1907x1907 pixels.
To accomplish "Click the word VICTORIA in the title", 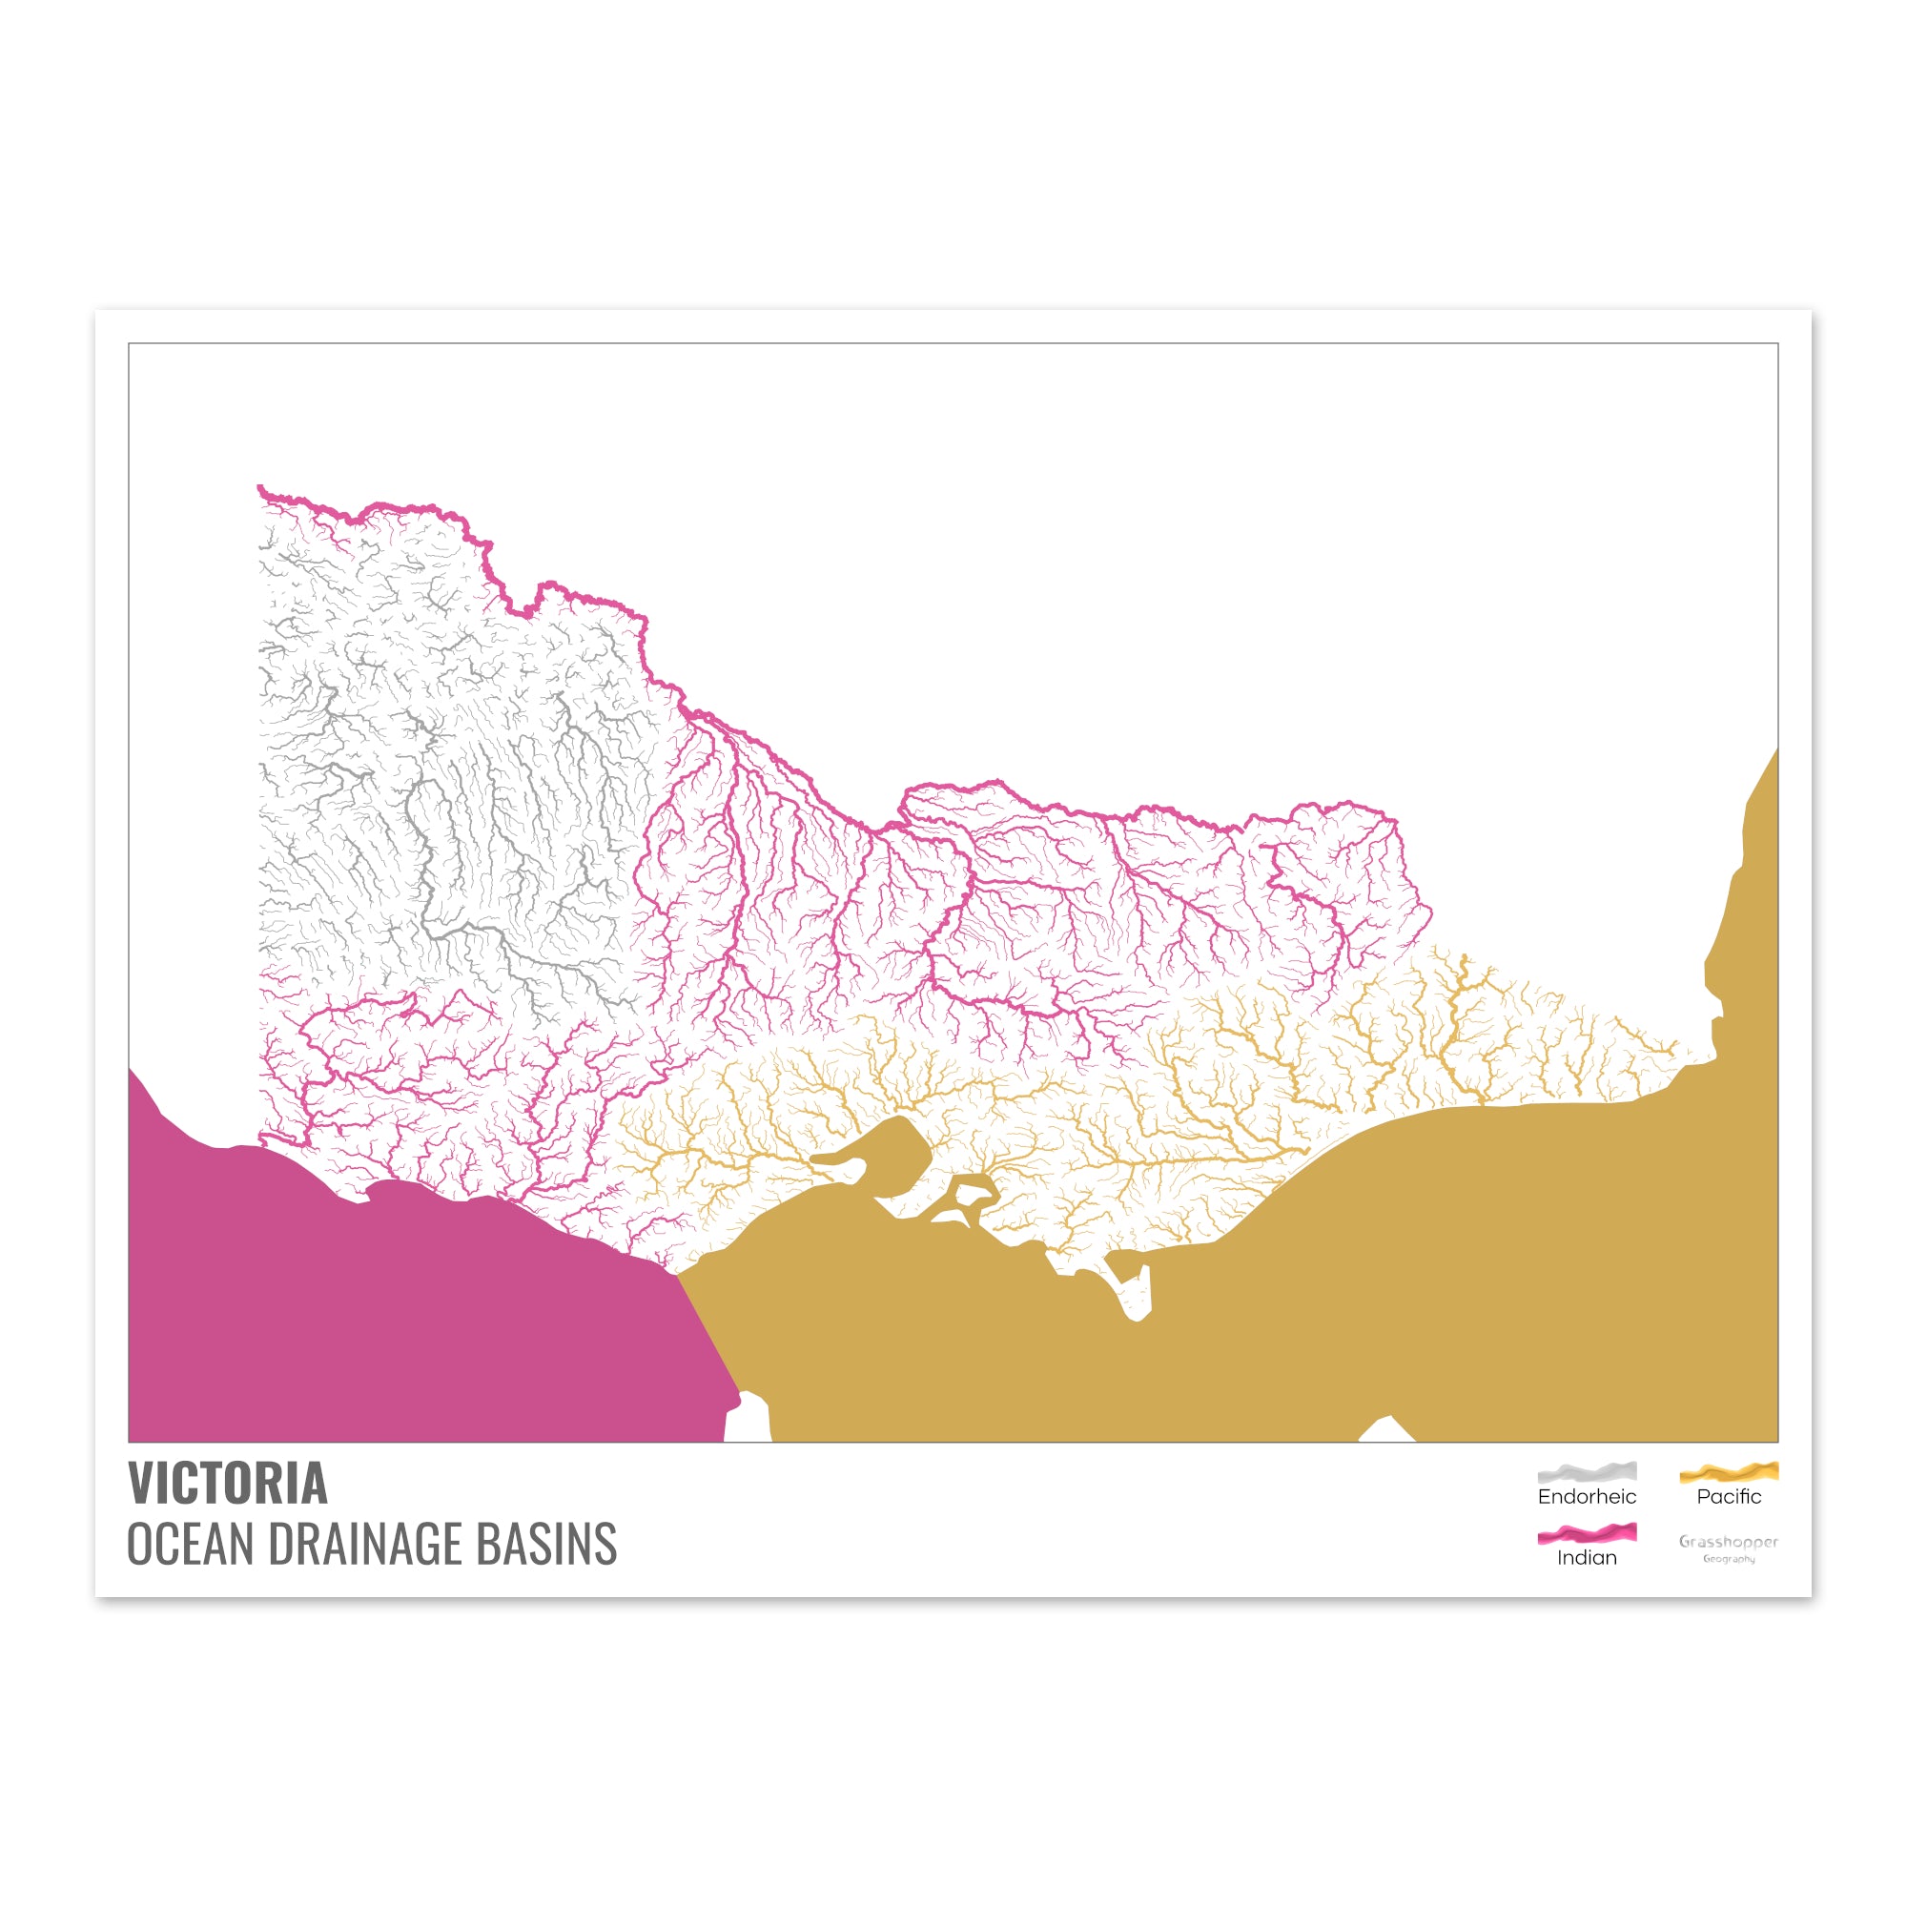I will (x=227, y=1483).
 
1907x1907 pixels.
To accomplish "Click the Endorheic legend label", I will (x=1587, y=1496).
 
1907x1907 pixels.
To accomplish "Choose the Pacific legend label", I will (x=1729, y=1496).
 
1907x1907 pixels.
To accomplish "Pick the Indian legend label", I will (x=1587, y=1558).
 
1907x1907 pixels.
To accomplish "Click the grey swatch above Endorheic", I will (x=1587, y=1471).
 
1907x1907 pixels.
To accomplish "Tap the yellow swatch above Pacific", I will (x=1729, y=1471).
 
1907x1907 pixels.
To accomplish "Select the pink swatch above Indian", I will (x=1587, y=1533).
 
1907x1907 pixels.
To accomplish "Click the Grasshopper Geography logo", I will (x=1729, y=1547).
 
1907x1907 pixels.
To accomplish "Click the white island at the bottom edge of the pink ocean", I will (x=748, y=1419).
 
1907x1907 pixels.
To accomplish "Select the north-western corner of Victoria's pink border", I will (x=260, y=487).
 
